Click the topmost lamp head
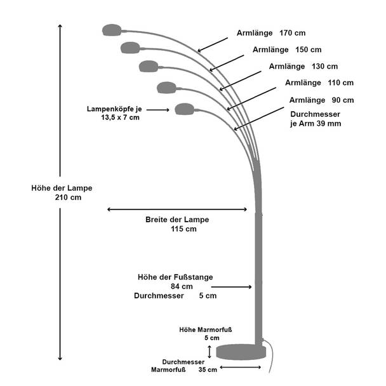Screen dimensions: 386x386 (x=112, y=30)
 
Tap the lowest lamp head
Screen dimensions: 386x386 (x=184, y=109)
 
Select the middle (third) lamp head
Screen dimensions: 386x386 (x=149, y=66)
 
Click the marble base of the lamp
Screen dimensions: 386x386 (x=241, y=352)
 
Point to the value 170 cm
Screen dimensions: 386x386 (x=293, y=33)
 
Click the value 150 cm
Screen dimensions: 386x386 (x=309, y=50)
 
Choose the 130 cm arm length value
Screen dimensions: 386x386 (x=324, y=67)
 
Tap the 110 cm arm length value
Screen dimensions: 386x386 (x=341, y=83)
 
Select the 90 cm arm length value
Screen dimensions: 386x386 (x=343, y=100)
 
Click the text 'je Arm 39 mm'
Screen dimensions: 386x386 (x=316, y=123)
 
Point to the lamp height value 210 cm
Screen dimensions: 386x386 (x=68, y=197)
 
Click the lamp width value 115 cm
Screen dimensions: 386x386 (x=183, y=229)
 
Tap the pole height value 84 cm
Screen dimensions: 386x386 (x=182, y=286)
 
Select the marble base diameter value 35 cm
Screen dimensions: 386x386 (x=208, y=369)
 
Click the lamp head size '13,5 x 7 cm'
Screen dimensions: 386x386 (x=120, y=117)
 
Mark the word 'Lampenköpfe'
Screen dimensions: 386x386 (x=109, y=109)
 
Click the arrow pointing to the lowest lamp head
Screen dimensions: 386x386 (x=158, y=110)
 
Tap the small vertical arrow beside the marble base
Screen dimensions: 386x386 (x=210, y=352)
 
